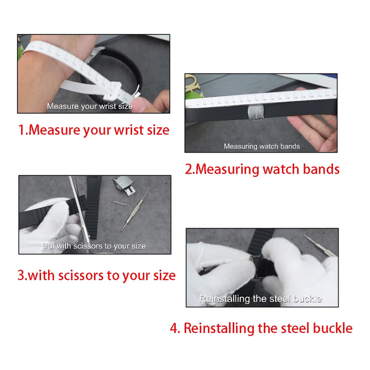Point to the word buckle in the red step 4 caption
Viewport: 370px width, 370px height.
330,328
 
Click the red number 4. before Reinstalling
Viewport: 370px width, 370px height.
175,328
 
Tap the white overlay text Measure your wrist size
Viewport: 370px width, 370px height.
89,106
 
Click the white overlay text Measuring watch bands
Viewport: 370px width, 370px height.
262,146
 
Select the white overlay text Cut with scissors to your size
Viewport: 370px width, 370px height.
94,246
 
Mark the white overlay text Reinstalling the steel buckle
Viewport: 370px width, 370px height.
260,299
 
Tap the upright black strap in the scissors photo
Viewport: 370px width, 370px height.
95,198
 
